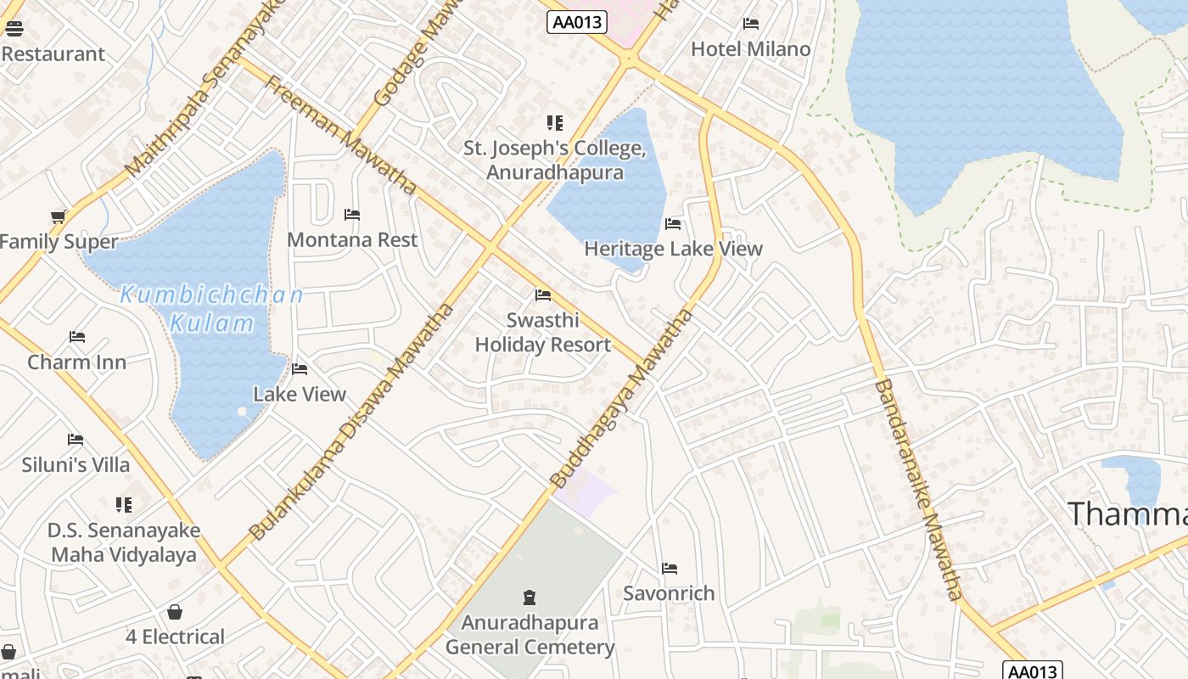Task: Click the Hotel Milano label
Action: tap(750, 49)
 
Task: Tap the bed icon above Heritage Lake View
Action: tap(673, 224)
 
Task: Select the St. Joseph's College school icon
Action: tap(555, 123)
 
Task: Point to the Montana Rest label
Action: tap(352, 240)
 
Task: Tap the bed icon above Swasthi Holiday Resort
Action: tap(543, 295)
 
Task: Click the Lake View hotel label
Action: tap(300, 395)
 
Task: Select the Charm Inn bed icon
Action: tap(77, 337)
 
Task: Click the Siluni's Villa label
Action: tap(76, 465)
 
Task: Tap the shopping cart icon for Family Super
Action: tap(59, 216)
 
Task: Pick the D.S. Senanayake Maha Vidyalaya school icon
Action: tap(124, 505)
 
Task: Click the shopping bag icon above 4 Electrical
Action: tap(175, 612)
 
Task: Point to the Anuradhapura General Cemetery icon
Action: tap(530, 598)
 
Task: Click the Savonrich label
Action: tap(669, 593)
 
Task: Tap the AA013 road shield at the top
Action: tap(577, 22)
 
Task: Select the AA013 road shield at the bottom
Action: tap(1032, 671)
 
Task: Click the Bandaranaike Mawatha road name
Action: tap(919, 490)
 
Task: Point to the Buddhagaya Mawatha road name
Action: tap(622, 399)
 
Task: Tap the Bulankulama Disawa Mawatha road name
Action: tap(352, 423)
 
